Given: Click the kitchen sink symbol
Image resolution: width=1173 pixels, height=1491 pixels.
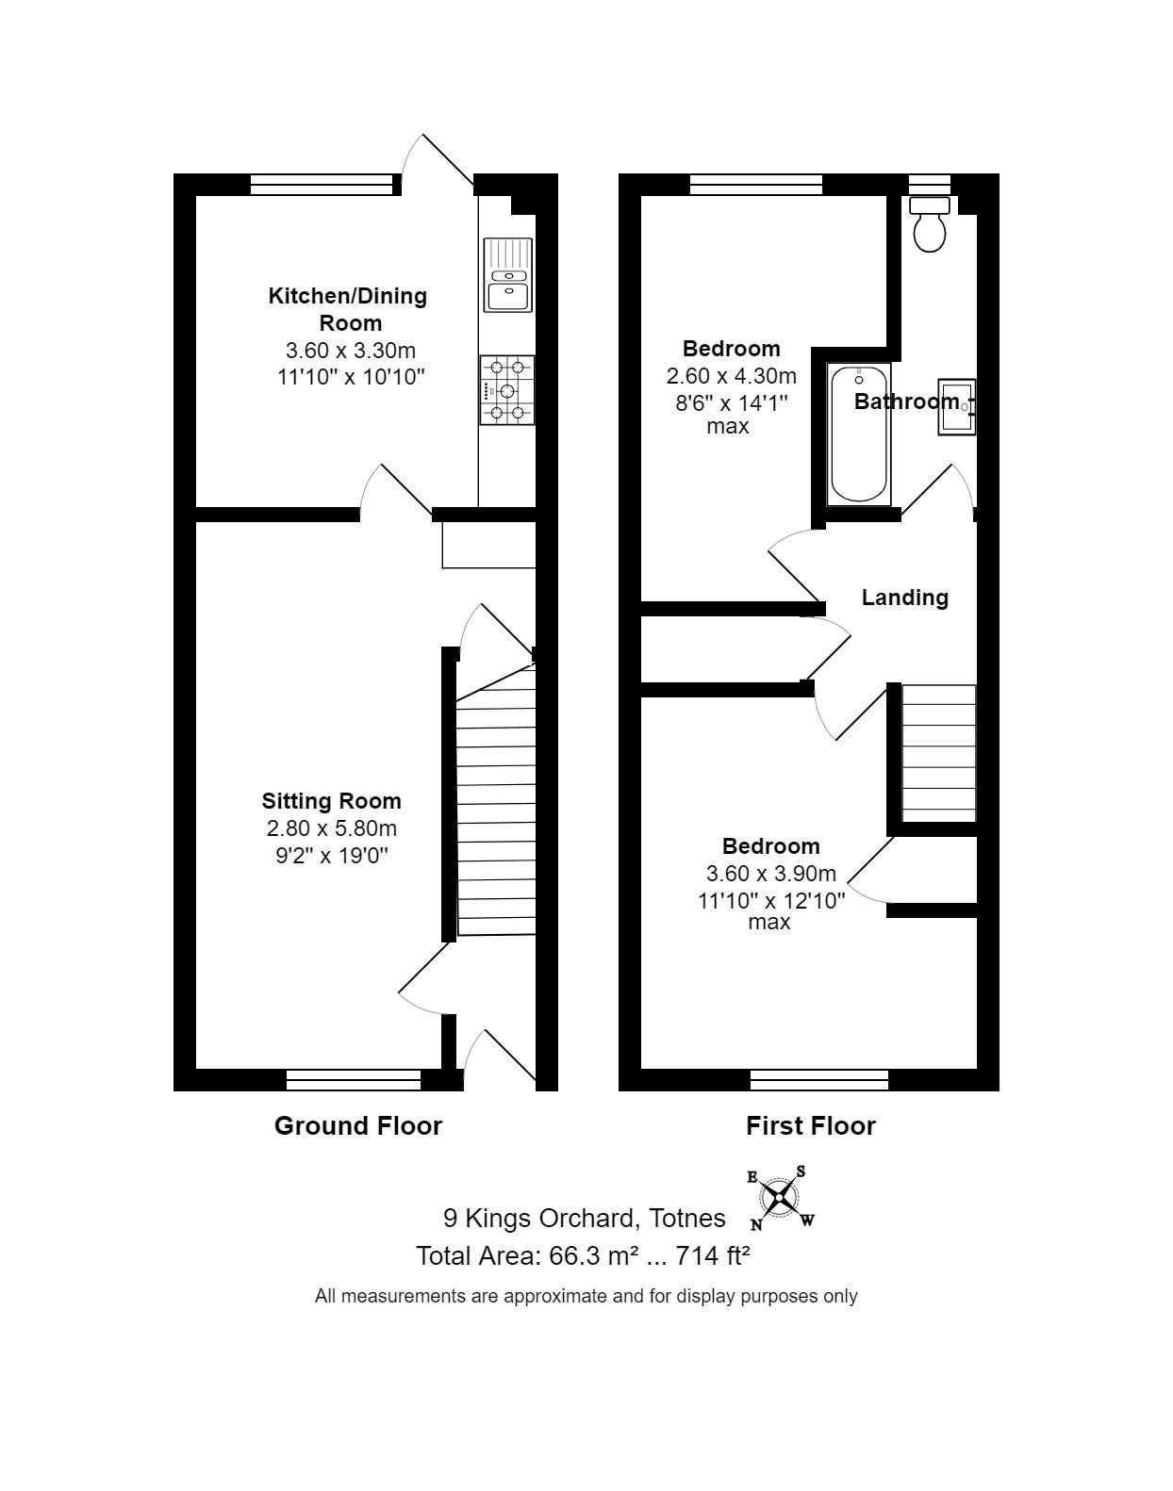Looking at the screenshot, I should pyautogui.click(x=507, y=274).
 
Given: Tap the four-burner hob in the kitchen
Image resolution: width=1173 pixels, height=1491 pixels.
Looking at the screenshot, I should pyautogui.click(x=506, y=389).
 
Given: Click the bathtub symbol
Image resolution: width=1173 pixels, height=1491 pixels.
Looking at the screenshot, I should pyautogui.click(x=859, y=434).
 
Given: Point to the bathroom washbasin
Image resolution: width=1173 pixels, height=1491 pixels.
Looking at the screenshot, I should pyautogui.click(x=954, y=407).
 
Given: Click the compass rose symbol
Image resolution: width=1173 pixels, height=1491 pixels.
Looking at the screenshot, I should pyautogui.click(x=780, y=1198).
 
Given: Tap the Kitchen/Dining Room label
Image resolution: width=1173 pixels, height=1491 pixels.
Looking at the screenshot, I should pyautogui.click(x=348, y=309).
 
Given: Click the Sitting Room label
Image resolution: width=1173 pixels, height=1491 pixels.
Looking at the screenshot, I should pyautogui.click(x=331, y=801).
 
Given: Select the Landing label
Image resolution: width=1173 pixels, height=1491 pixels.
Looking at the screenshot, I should pyautogui.click(x=904, y=598).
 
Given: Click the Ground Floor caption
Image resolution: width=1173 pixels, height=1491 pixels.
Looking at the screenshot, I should pyautogui.click(x=357, y=1125).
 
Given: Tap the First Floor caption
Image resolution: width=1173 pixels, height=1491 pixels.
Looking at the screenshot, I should pyautogui.click(x=810, y=1125).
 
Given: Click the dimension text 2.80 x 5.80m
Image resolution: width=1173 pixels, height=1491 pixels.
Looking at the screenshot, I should pyautogui.click(x=331, y=828).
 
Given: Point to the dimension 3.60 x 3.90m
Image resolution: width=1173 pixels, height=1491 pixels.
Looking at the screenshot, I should pyautogui.click(x=770, y=874).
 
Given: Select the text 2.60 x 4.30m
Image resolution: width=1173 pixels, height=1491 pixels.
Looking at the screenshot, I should pyautogui.click(x=731, y=376).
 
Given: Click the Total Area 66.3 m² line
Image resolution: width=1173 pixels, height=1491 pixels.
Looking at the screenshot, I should pyautogui.click(x=583, y=1255).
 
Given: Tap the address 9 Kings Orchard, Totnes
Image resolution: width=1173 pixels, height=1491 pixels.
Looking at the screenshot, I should pyautogui.click(x=584, y=1218).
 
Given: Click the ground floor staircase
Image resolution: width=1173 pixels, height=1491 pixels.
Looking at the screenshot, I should pyautogui.click(x=496, y=811).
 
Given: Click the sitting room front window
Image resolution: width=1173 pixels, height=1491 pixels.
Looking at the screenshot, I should pyautogui.click(x=354, y=1079).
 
